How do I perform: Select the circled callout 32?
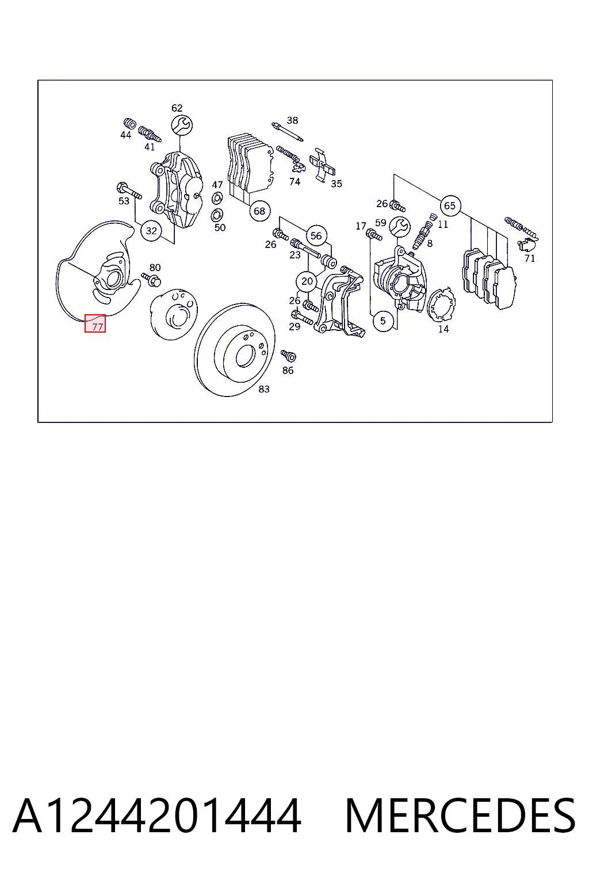[151, 231]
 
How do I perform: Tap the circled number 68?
[259, 211]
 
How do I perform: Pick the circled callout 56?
[316, 236]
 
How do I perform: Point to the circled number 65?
[450, 205]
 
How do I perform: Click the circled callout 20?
[307, 281]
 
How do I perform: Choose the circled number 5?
[383, 321]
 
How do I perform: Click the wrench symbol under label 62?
[182, 125]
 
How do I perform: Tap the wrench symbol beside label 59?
[400, 227]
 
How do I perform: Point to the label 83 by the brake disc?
[264, 389]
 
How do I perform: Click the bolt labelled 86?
[288, 356]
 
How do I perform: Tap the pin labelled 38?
[287, 132]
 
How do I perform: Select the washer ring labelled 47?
[217, 197]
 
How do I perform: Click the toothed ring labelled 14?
[441, 304]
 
